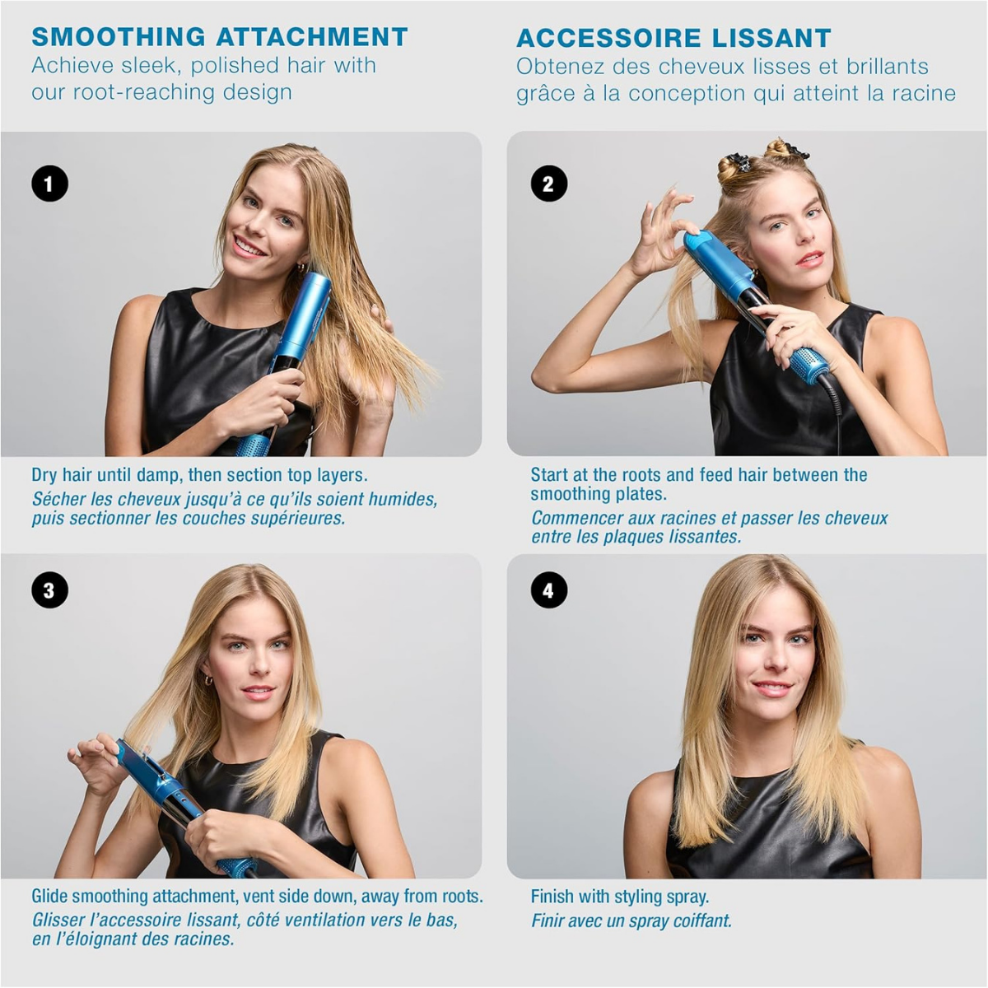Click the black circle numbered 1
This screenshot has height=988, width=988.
49,184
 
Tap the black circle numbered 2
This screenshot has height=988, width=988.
548,184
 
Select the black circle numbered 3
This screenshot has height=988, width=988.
49,590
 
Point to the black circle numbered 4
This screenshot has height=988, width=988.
548,590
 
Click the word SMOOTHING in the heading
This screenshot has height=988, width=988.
119,37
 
